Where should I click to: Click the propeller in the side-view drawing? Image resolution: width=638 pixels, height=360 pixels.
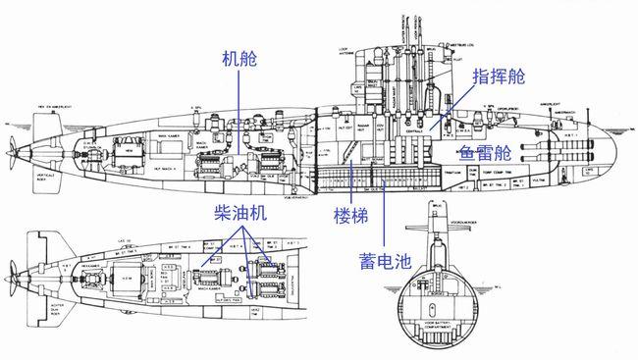click(11, 150)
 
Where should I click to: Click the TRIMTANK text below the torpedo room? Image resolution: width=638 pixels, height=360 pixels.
click(465, 174)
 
